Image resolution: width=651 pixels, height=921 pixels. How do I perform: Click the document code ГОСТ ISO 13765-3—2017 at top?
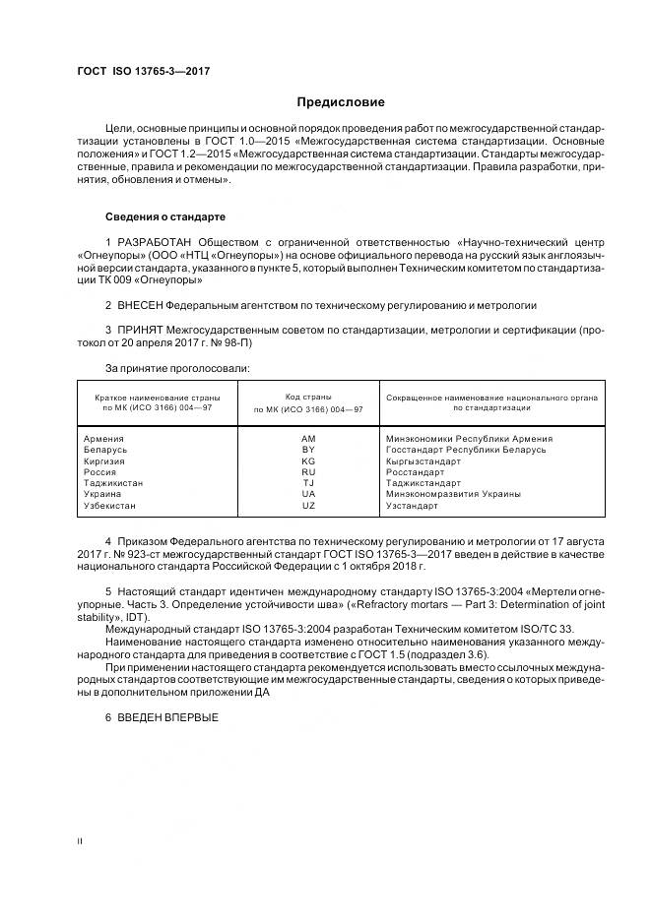143,72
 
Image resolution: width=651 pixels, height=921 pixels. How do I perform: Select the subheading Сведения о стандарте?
165,215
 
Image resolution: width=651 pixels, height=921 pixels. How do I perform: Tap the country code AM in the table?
308,438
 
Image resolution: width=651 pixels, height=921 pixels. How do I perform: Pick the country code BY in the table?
308,450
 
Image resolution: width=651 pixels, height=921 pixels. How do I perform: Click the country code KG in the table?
308,460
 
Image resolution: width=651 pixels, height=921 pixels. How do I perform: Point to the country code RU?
308,472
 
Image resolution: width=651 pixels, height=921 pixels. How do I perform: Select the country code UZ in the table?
308,506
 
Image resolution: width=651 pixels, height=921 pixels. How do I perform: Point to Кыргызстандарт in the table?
423,460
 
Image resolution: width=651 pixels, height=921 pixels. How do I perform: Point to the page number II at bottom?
81,841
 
